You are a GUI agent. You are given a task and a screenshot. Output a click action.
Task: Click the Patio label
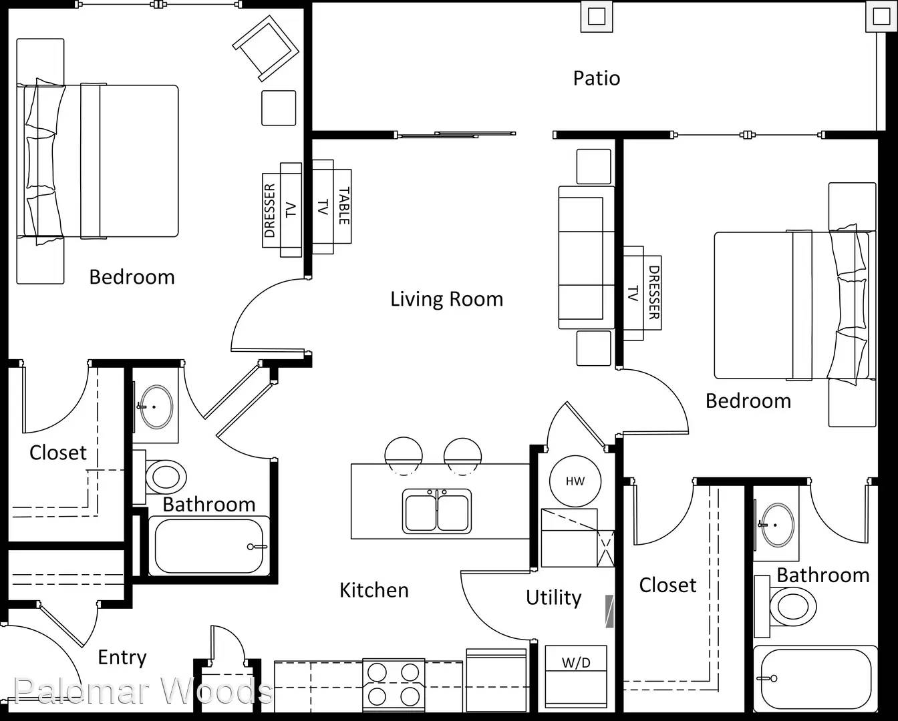click(596, 78)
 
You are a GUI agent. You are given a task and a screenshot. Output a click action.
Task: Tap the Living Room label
click(446, 299)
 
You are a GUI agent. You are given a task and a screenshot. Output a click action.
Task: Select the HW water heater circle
click(575, 481)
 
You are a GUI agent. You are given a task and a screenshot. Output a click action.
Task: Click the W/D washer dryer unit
click(576, 678)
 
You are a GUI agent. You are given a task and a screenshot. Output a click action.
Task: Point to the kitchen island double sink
click(437, 511)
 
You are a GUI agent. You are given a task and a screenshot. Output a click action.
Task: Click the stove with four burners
click(394, 685)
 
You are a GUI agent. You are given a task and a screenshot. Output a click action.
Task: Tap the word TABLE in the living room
click(344, 206)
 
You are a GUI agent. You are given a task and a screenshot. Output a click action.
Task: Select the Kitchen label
click(374, 590)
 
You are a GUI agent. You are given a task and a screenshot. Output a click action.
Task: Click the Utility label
click(553, 597)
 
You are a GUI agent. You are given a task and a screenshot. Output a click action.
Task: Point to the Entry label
click(122, 658)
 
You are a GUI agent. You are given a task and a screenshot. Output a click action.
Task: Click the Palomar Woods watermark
click(143, 690)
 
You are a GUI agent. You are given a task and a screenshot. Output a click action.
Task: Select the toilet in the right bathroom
click(785, 606)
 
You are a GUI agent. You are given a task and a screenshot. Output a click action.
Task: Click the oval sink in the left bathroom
click(156, 407)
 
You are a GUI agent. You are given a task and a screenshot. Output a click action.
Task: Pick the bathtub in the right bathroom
click(816, 679)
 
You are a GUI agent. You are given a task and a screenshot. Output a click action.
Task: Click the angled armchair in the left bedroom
click(266, 48)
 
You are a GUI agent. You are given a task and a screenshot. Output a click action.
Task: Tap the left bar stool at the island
click(404, 456)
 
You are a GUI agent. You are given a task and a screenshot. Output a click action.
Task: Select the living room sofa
click(586, 258)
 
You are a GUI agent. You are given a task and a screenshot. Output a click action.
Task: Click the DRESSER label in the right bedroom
click(654, 292)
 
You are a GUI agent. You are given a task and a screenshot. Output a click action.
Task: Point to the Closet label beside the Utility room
click(667, 585)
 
